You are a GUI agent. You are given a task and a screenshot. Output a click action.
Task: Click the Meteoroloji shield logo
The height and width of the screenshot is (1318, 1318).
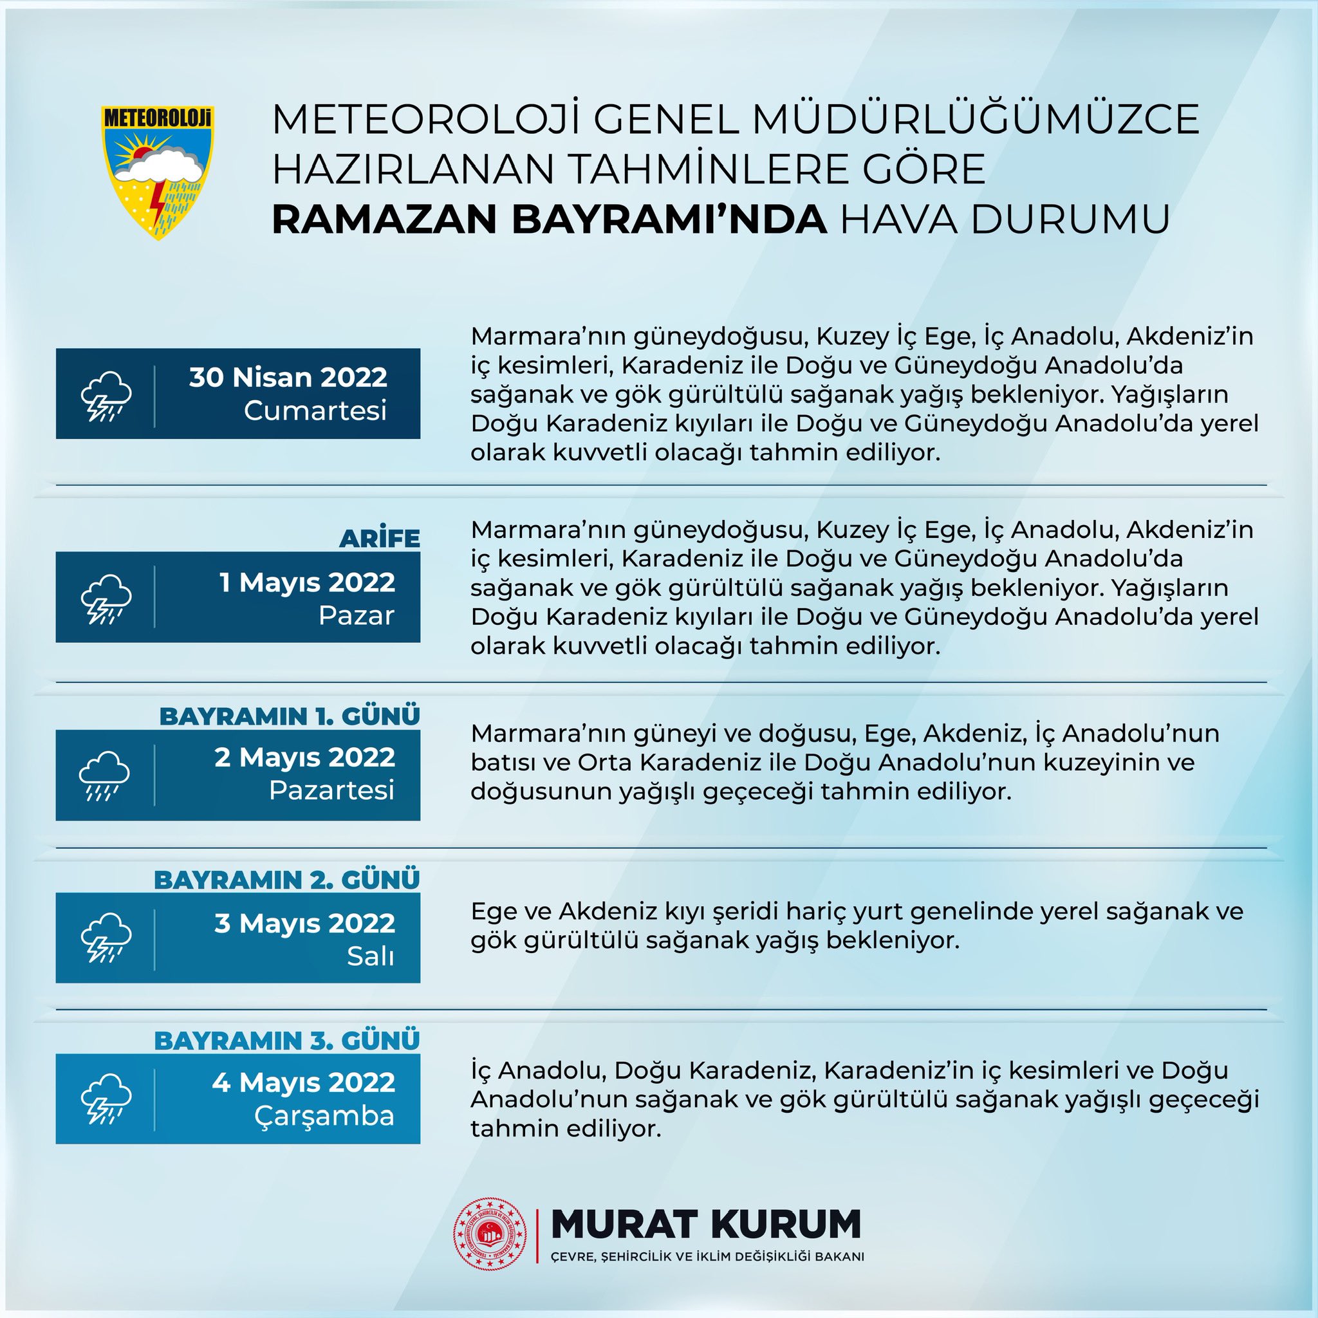(158, 172)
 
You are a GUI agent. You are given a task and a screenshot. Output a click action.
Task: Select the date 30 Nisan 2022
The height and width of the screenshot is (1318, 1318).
(288, 377)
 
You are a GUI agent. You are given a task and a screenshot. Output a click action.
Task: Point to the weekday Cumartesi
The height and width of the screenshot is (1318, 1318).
(315, 411)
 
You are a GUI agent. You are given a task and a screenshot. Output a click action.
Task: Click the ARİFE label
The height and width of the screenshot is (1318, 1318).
(379, 538)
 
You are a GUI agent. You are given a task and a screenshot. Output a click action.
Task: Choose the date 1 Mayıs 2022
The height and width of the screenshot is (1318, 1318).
(307, 582)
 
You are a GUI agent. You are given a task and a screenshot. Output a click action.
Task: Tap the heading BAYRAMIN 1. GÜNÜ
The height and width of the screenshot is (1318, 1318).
(289, 716)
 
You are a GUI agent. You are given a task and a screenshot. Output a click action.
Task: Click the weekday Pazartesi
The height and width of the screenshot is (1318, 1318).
(331, 790)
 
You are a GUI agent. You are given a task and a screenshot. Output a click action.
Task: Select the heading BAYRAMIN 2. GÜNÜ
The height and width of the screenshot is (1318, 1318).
(286, 880)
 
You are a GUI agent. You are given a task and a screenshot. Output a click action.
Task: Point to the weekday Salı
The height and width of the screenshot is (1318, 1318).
(371, 956)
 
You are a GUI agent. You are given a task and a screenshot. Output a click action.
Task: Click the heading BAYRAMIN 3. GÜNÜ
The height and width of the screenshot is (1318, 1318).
(286, 1041)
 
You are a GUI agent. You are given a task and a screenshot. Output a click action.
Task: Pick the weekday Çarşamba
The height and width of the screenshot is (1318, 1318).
(324, 1116)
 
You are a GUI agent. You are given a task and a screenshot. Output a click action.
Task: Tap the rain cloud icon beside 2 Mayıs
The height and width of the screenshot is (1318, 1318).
(104, 775)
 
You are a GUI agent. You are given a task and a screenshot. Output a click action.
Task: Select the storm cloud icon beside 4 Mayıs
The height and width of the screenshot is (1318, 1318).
(106, 1099)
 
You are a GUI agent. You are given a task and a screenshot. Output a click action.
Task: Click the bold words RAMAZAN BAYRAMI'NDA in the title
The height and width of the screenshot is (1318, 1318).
(550, 219)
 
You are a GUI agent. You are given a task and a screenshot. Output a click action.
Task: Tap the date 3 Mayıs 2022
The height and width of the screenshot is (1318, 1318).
(304, 923)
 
